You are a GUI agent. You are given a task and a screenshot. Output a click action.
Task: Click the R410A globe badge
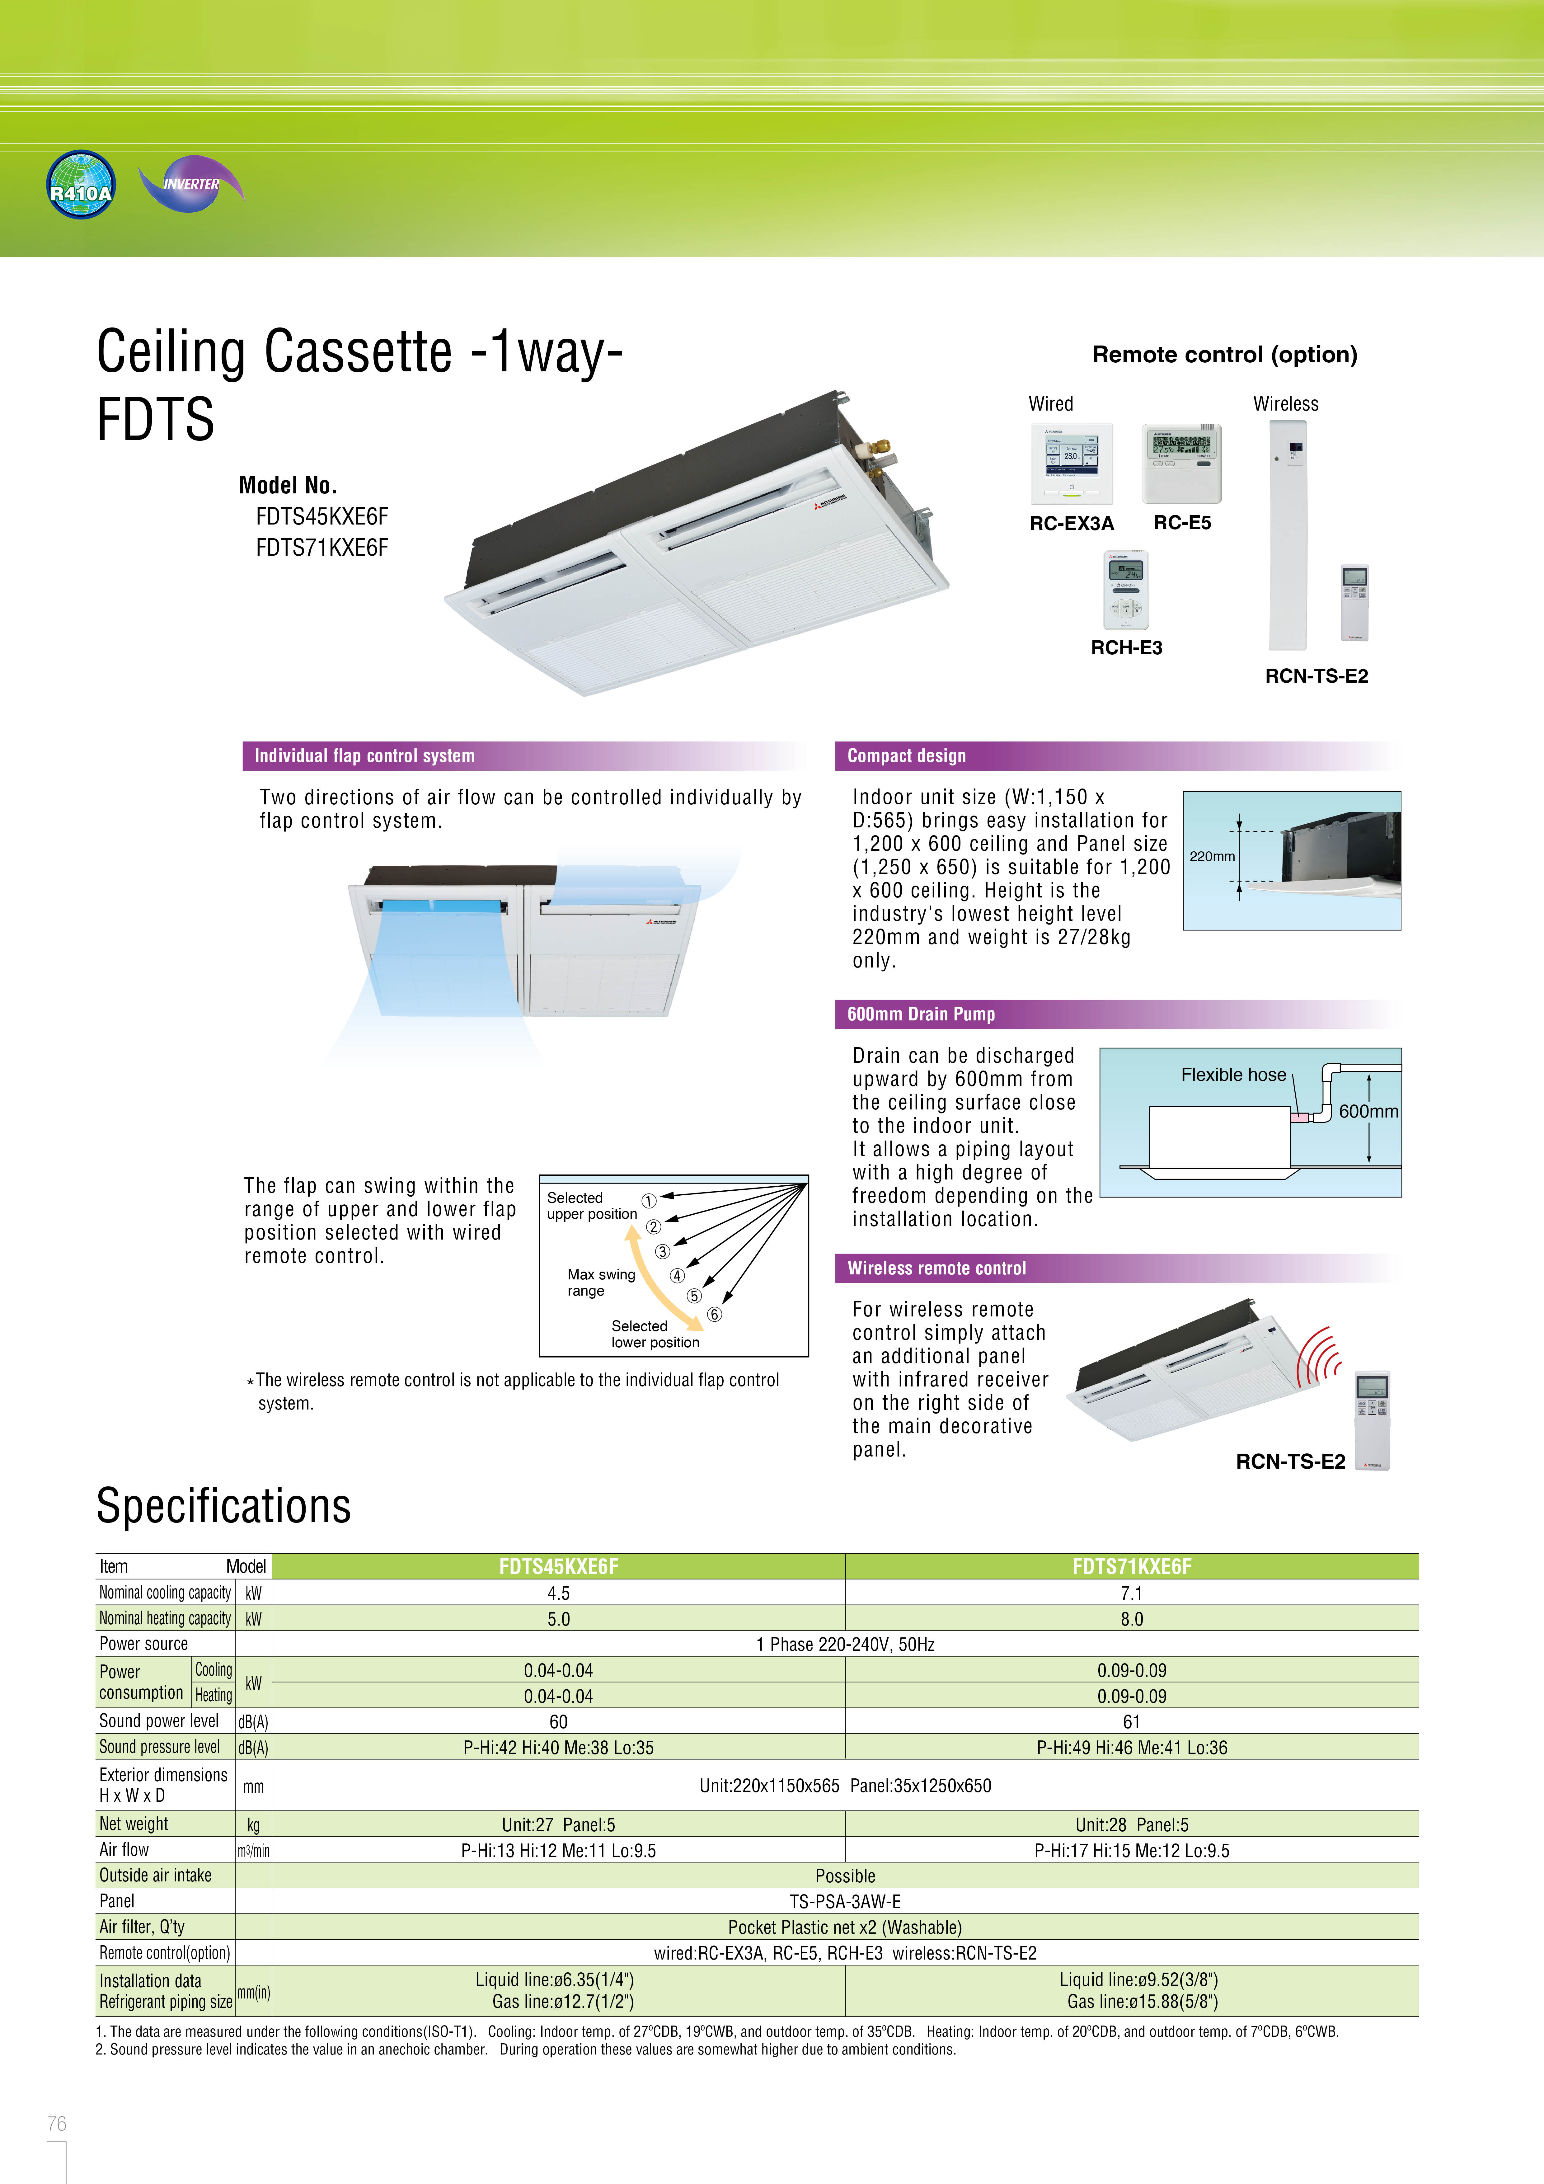coord(81,185)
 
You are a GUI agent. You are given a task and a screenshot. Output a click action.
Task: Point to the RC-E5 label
coord(1181,522)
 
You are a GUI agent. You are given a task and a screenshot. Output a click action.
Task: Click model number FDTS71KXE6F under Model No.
coord(321,548)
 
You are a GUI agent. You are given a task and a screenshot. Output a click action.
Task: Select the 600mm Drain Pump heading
coord(921,1014)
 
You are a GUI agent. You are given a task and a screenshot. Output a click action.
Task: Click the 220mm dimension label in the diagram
coord(1212,856)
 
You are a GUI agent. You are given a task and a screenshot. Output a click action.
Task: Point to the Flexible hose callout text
coord(1233,1075)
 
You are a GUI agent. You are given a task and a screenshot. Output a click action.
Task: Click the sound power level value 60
coord(558,1722)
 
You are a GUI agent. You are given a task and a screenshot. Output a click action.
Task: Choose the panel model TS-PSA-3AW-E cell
coord(845,1901)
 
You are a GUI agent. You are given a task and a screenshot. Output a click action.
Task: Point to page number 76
coord(57,2123)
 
